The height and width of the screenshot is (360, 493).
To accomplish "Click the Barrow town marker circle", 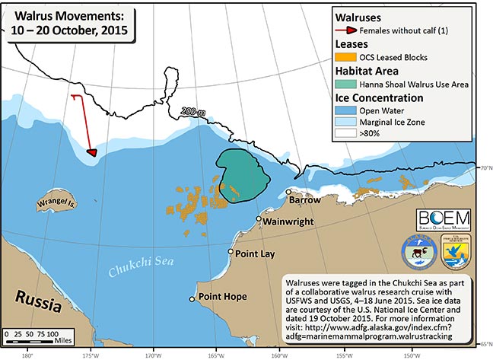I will click(x=288, y=192).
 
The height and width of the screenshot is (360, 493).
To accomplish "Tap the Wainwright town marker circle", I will click(x=259, y=219).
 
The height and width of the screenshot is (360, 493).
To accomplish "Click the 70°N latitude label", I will click(x=484, y=167).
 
